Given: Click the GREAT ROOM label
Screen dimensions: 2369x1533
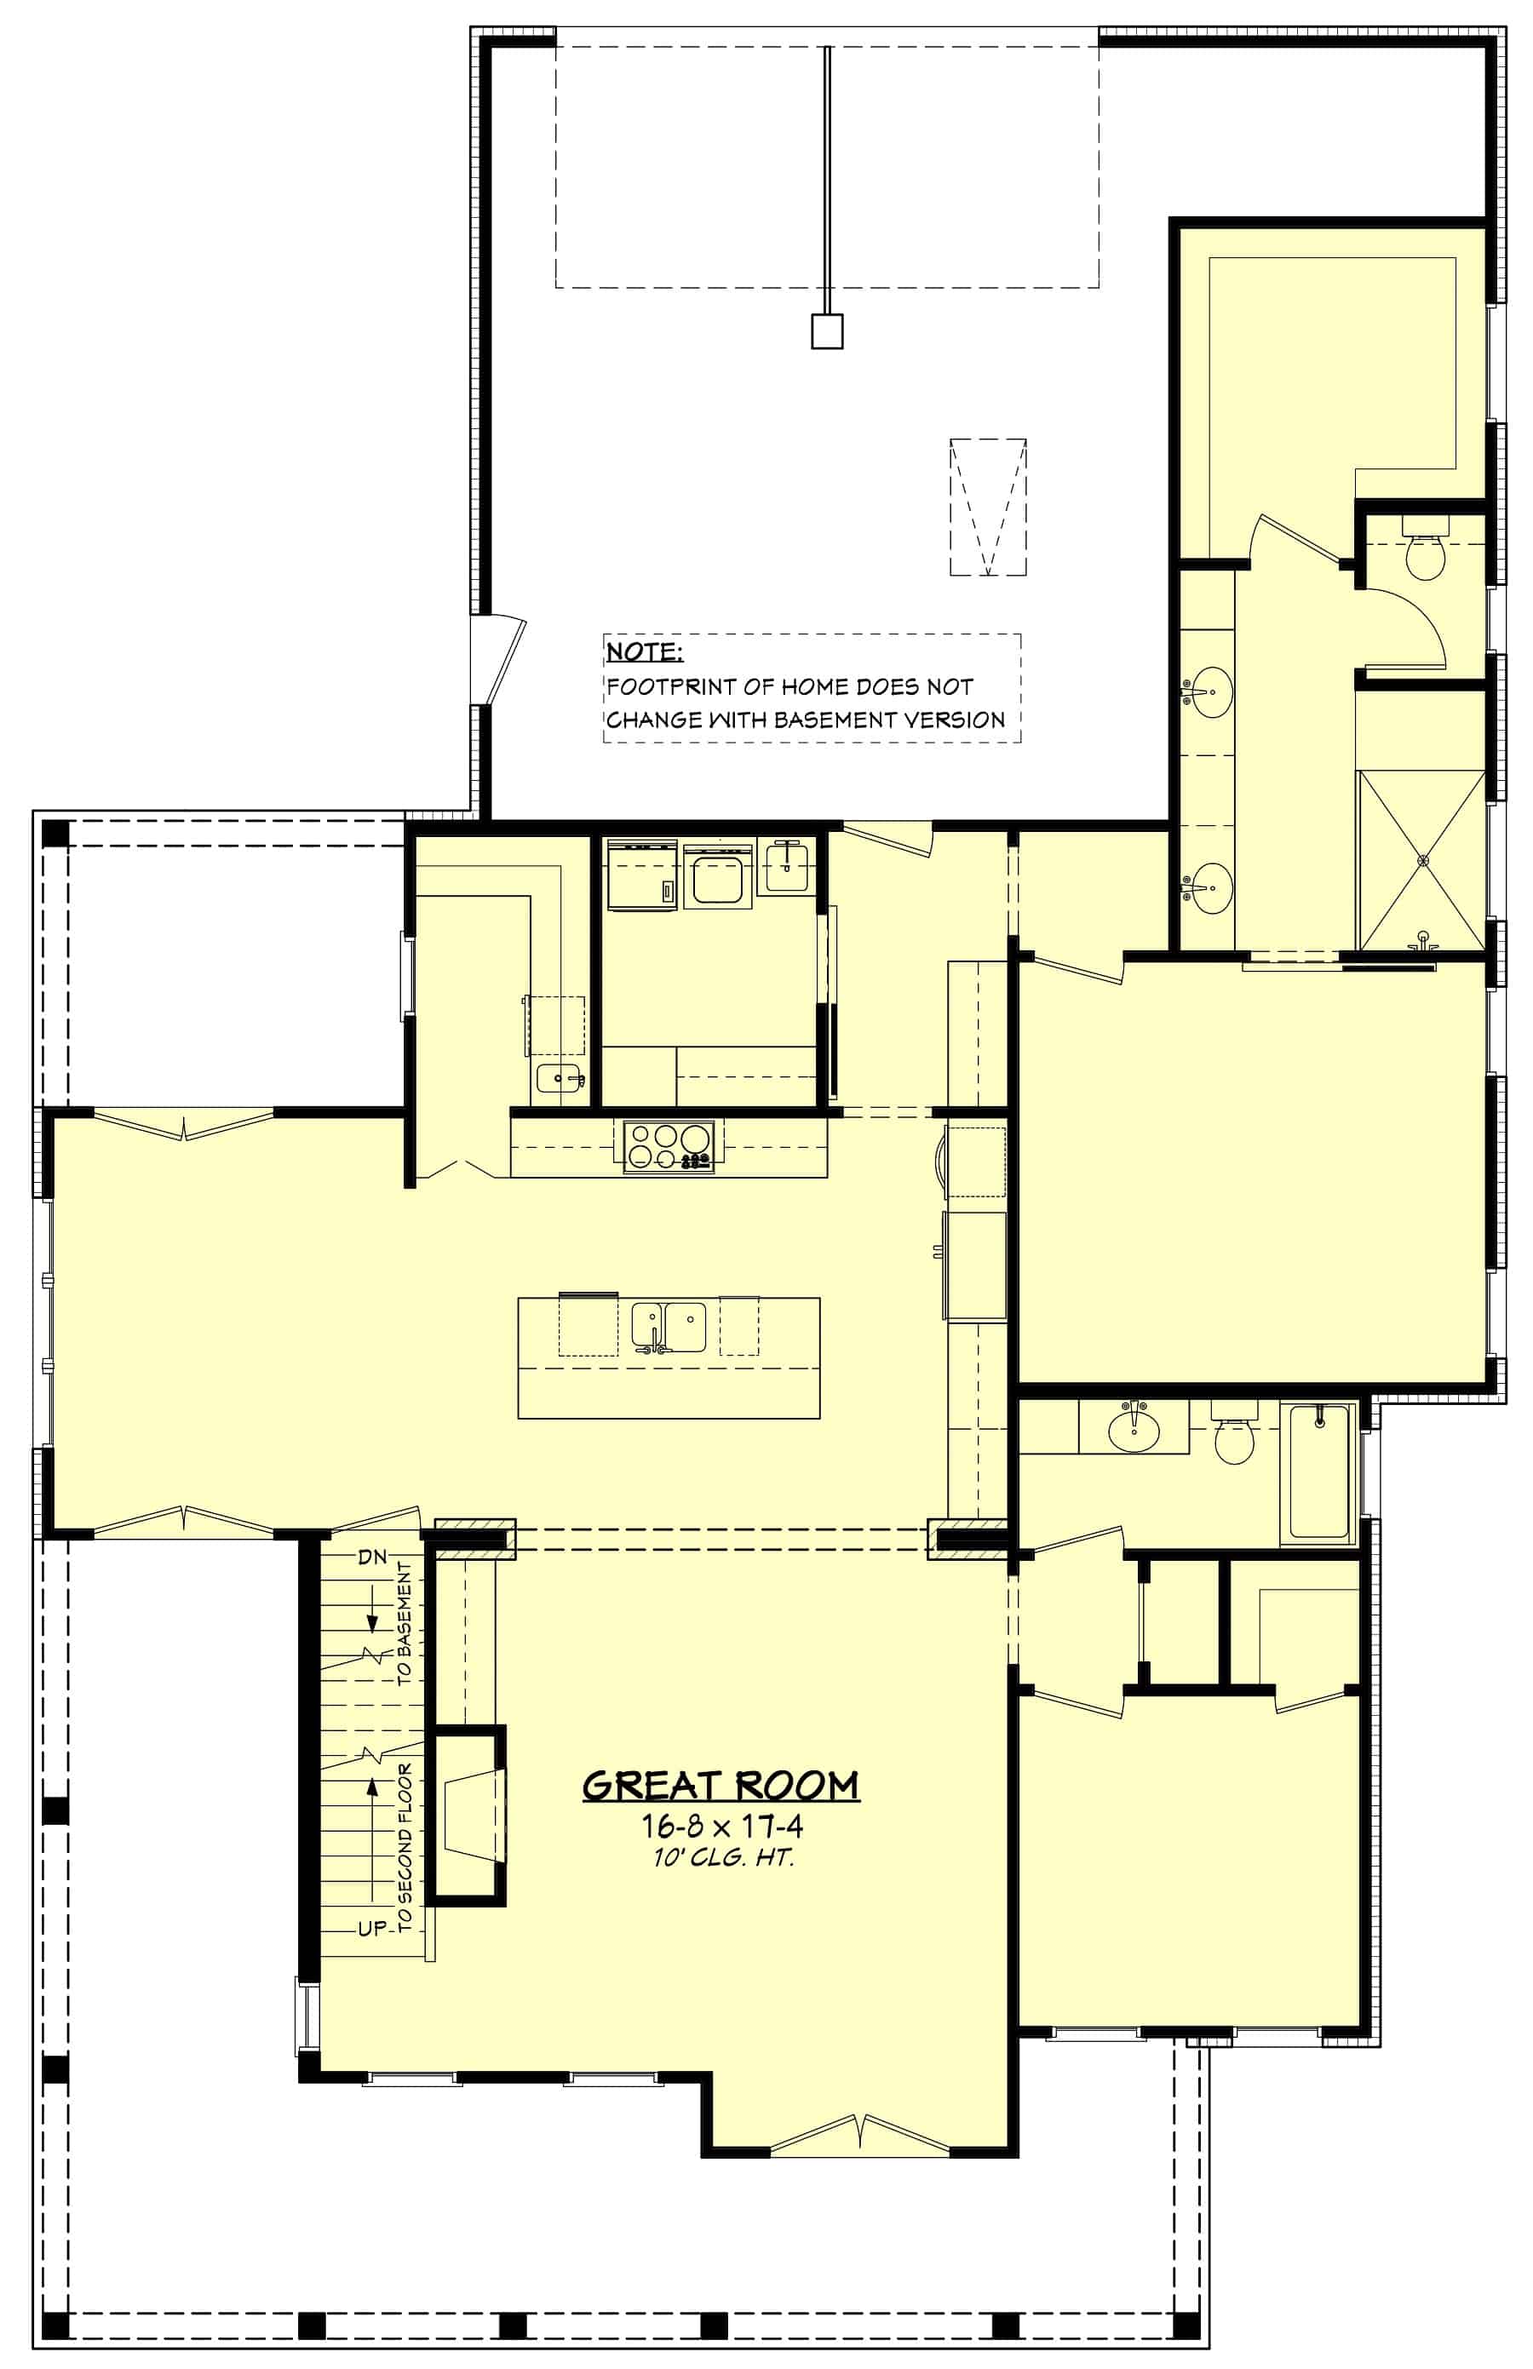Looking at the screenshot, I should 720,1786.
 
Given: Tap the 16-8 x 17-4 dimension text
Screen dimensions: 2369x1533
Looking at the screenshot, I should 721,1826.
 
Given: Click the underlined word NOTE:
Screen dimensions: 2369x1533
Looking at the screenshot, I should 644,652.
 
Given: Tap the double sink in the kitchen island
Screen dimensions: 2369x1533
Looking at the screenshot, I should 669,1327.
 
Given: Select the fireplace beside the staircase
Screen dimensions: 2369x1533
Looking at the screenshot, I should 468,1815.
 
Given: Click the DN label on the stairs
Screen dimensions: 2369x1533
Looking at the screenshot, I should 371,1557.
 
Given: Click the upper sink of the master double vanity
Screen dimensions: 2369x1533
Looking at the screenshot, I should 1210,691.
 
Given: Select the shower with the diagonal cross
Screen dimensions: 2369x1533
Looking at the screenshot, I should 1422,860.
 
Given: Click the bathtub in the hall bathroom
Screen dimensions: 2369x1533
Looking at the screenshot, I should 1319,1473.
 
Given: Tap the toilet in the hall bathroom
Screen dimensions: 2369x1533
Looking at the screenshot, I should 1234,1433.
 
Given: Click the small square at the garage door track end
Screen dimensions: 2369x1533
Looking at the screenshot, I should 827,331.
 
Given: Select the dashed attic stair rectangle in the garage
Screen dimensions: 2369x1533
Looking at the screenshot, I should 987,507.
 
